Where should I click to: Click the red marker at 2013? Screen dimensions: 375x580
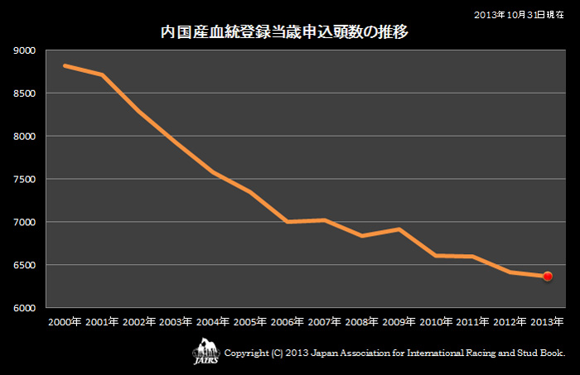[548, 276]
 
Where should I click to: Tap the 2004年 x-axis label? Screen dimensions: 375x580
[213, 321]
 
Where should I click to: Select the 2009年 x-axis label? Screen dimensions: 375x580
[399, 321]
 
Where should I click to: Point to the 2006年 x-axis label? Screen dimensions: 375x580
[288, 321]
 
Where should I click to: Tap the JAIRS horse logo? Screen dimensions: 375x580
[205, 351]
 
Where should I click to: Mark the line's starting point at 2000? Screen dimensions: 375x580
[65, 65]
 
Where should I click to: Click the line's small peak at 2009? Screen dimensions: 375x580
[399, 229]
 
